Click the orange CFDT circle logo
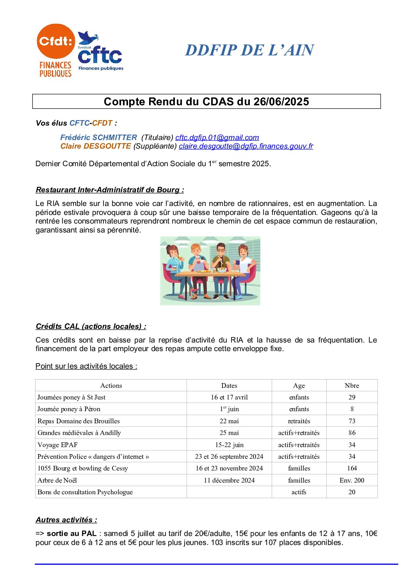click(x=55, y=41)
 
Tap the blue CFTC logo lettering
click(x=100, y=56)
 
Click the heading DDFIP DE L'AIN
click(x=249, y=50)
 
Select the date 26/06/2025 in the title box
click(x=281, y=101)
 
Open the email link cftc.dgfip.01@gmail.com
click(x=217, y=137)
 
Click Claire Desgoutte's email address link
click(x=246, y=146)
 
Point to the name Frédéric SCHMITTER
click(x=98, y=137)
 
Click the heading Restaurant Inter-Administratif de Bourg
click(x=109, y=190)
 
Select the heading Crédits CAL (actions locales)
click(x=91, y=326)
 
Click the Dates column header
click(x=229, y=385)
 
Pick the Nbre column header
click(x=352, y=385)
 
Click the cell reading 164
click(x=352, y=468)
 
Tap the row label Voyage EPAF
click(x=57, y=445)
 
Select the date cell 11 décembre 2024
click(x=229, y=480)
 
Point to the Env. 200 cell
click(x=352, y=480)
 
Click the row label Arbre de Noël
click(x=57, y=480)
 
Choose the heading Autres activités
click(x=66, y=520)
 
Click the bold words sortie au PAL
click(x=71, y=533)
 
